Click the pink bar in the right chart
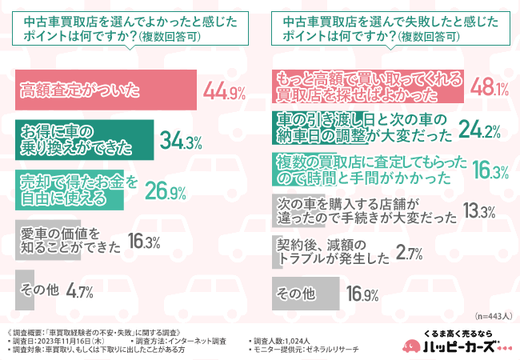click(368, 87)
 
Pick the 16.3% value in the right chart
click(480, 170)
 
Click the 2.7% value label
click(409, 254)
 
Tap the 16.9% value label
click(362, 295)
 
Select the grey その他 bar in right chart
click(305, 294)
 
